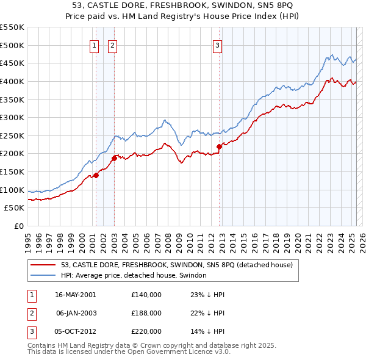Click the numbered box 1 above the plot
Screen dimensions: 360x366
click(95, 44)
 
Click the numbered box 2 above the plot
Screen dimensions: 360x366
click(113, 44)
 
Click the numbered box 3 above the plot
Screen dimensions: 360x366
click(218, 44)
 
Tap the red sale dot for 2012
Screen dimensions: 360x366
click(219, 146)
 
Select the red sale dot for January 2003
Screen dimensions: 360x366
click(114, 158)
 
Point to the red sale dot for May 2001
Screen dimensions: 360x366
click(96, 175)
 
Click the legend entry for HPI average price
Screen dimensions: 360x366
click(134, 275)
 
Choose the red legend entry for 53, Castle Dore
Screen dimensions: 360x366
click(177, 265)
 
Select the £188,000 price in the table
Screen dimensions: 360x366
click(146, 313)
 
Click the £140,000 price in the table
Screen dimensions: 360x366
click(146, 295)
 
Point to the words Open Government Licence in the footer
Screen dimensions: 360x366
click(184, 352)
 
